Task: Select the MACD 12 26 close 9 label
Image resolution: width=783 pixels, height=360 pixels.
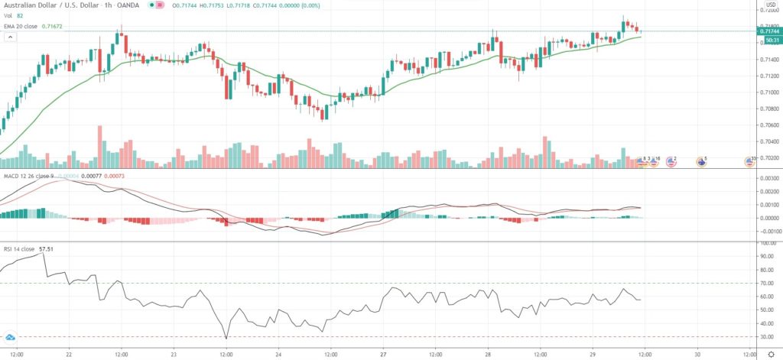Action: (28, 176)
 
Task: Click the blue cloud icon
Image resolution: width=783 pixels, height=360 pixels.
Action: (11, 336)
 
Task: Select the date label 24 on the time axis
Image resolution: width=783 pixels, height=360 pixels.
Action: (278, 355)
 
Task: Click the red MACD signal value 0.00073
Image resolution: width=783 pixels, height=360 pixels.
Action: (115, 176)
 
